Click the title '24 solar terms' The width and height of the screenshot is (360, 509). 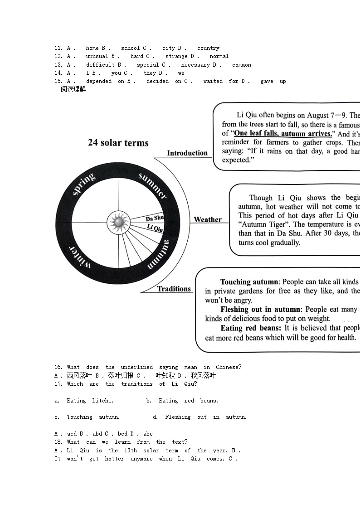tap(118, 143)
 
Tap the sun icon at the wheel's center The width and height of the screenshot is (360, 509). tap(118, 222)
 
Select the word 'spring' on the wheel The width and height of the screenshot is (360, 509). tap(83, 184)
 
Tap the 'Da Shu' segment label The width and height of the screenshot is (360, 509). tap(155, 218)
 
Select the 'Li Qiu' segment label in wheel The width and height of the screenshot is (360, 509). tap(155, 228)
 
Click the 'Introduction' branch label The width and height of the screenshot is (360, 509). tap(187, 153)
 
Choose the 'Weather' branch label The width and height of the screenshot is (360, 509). tap(208, 220)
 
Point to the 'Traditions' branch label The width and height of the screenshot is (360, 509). tap(174, 289)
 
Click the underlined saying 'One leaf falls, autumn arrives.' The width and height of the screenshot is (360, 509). tap(283, 134)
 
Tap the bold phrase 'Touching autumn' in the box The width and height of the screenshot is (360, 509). tap(249, 282)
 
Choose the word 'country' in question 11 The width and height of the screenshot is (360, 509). tap(208, 48)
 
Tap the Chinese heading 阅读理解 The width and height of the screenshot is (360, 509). tap(73, 89)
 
